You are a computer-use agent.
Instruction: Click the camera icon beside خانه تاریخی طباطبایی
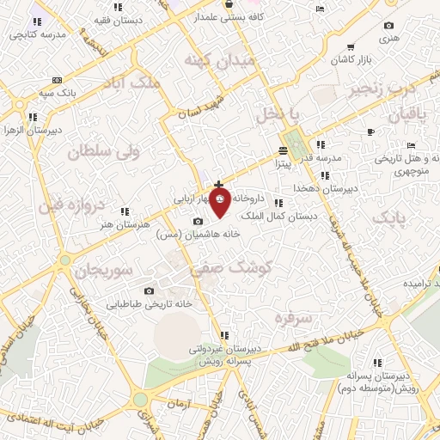click(150, 290)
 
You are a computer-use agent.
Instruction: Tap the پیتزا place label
click(284, 161)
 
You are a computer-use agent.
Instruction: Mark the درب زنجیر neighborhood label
click(382, 87)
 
